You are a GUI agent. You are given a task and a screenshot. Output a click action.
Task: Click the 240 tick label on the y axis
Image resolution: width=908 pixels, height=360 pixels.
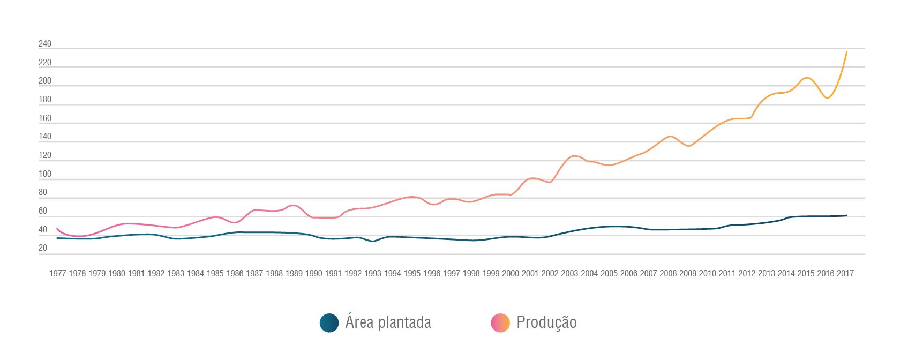tap(45, 44)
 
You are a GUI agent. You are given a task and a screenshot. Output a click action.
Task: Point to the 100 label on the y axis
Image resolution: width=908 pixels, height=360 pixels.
tap(45, 174)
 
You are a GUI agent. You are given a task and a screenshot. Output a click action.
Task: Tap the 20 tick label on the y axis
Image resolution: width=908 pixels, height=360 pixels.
tap(43, 248)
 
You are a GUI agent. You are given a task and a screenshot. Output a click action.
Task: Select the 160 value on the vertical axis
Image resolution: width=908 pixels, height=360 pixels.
tap(45, 118)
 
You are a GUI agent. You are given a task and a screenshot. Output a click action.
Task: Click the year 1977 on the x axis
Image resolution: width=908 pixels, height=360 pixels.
tap(57, 274)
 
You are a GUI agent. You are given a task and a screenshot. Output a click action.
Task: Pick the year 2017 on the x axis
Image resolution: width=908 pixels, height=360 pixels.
tap(845, 274)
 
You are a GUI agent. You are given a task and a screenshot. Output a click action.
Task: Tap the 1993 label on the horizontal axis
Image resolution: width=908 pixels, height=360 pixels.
tap(373, 274)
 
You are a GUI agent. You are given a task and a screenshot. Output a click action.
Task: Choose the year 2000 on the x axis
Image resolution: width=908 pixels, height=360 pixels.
tap(511, 274)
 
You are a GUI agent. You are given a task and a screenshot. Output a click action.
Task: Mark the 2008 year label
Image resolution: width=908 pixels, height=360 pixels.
tap(668, 274)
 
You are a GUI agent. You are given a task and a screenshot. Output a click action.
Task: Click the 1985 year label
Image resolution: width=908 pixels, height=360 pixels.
tap(215, 274)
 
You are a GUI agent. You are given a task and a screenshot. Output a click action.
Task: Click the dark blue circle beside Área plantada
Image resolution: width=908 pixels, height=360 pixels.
tap(329, 323)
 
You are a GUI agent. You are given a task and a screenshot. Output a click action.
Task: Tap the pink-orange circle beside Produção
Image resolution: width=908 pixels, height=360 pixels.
tap(500, 323)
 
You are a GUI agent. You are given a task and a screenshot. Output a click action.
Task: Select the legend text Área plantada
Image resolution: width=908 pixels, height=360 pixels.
tap(388, 322)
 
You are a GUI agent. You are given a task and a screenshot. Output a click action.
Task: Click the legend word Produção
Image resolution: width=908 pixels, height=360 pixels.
tap(546, 322)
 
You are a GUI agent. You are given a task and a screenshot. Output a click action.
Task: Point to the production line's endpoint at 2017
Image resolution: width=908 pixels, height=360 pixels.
tap(846, 52)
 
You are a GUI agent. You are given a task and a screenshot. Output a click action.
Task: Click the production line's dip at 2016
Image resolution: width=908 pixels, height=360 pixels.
tap(828, 98)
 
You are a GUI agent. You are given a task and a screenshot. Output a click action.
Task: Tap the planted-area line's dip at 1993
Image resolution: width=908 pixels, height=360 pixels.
tap(373, 242)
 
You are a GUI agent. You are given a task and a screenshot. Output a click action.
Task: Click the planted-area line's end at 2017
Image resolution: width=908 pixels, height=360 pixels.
tap(846, 215)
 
